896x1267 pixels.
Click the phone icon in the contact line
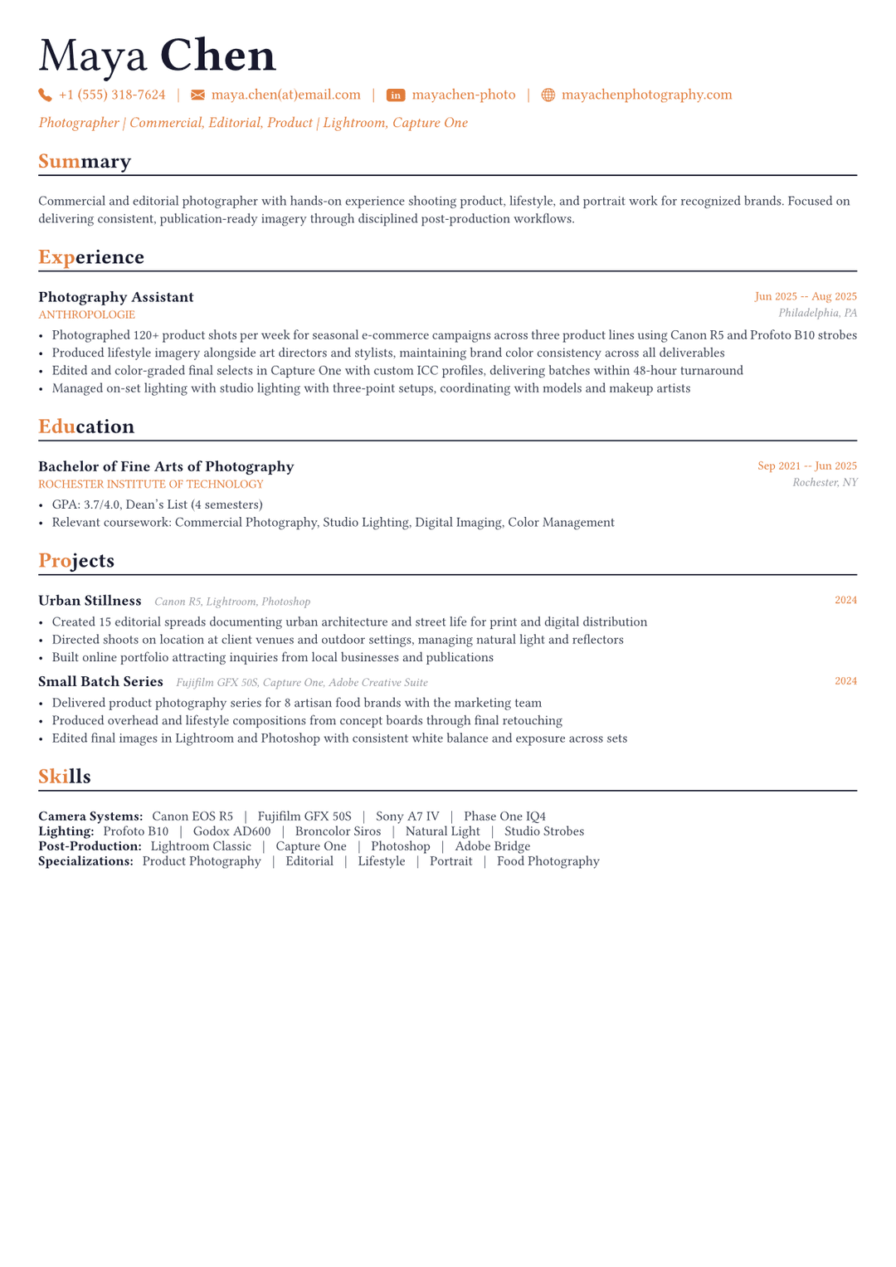[45, 95]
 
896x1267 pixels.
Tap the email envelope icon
[197, 95]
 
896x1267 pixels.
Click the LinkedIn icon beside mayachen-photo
[396, 95]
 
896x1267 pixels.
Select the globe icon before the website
[548, 95]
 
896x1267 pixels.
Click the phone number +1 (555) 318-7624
[112, 95]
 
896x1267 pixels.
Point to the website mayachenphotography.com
[646, 95]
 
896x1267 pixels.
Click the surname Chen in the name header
[217, 56]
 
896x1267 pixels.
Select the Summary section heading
[85, 161]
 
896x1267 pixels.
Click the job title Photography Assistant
[116, 297]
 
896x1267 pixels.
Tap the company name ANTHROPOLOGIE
[86, 315]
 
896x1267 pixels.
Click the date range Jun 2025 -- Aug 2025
[805, 296]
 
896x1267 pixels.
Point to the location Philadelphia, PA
[817, 313]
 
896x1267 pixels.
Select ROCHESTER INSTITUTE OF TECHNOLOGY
[150, 485]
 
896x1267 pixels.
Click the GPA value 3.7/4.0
[101, 504]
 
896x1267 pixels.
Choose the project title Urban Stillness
[90, 601]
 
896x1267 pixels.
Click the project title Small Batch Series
[100, 682]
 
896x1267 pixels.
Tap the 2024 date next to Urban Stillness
[845, 600]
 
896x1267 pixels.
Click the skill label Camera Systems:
[90, 816]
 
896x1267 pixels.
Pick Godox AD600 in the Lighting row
[231, 831]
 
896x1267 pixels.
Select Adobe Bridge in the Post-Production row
[492, 846]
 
